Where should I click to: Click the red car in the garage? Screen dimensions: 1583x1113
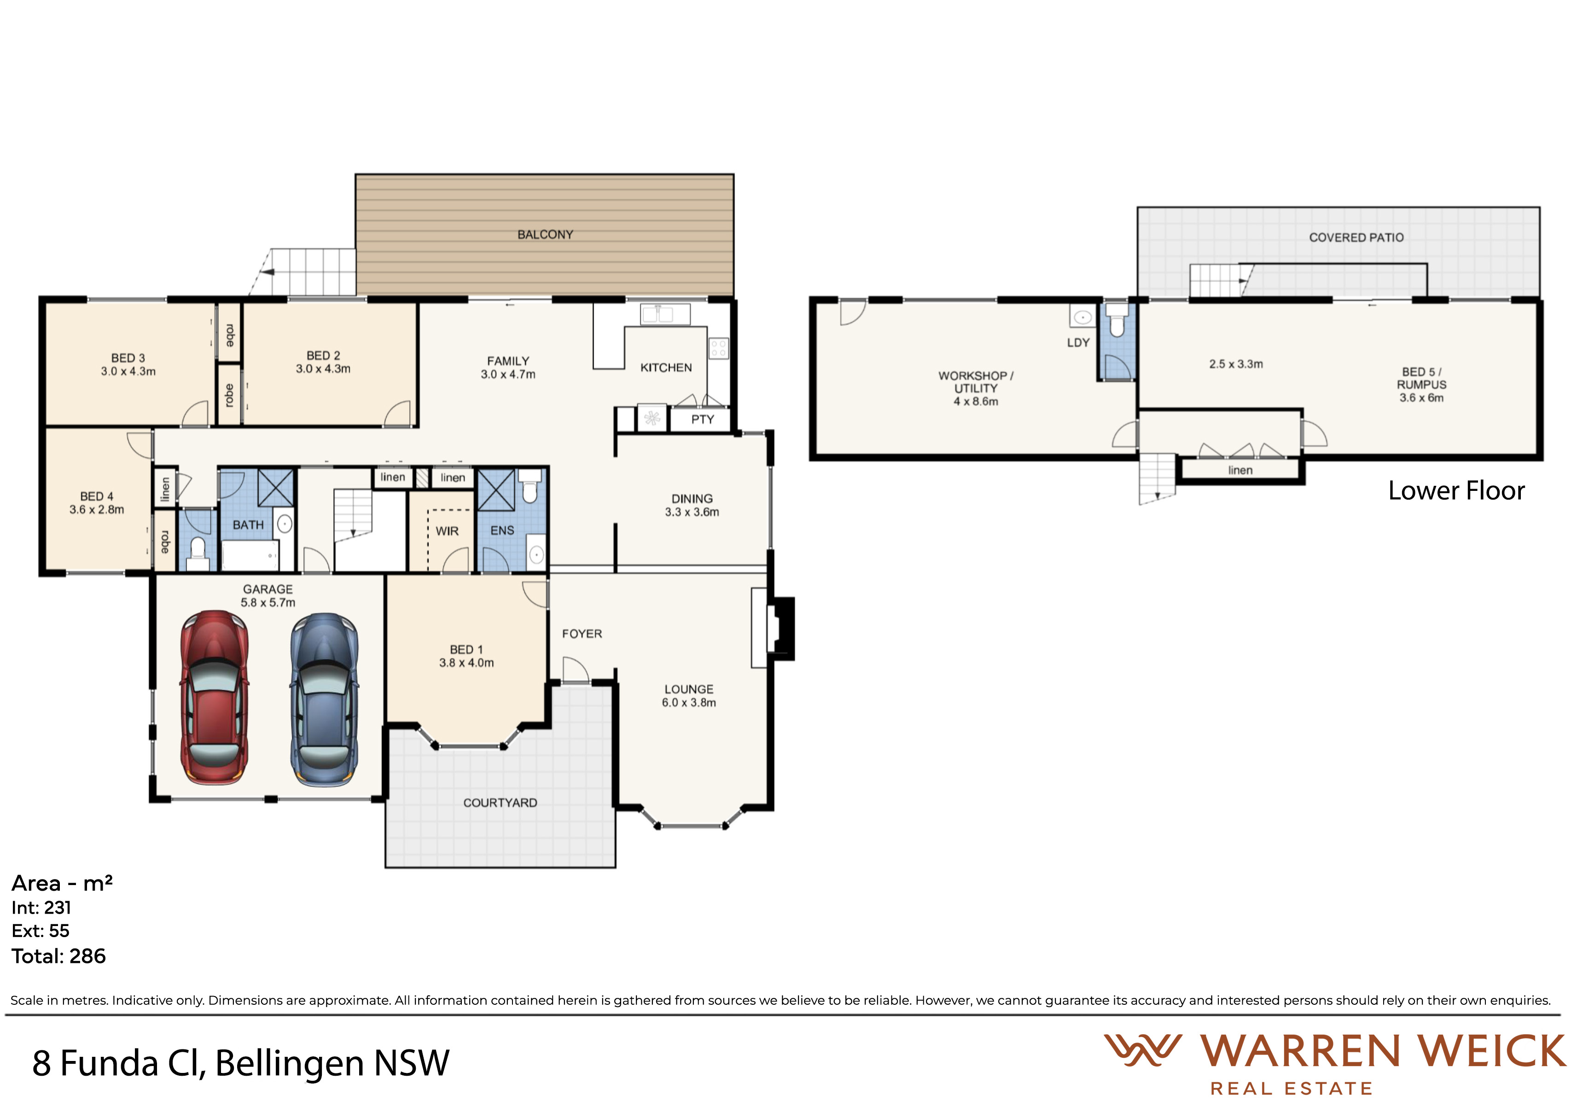(215, 697)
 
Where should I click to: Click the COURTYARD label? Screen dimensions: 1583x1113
(500, 803)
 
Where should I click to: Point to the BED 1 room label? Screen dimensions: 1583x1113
(466, 650)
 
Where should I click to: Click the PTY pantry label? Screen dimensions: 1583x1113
(703, 419)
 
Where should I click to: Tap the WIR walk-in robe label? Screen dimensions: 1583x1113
(447, 531)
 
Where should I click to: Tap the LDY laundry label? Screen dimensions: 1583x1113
(1078, 343)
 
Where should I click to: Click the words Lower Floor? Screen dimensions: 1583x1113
(1456, 490)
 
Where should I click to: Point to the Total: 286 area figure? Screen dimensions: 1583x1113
(58, 956)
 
